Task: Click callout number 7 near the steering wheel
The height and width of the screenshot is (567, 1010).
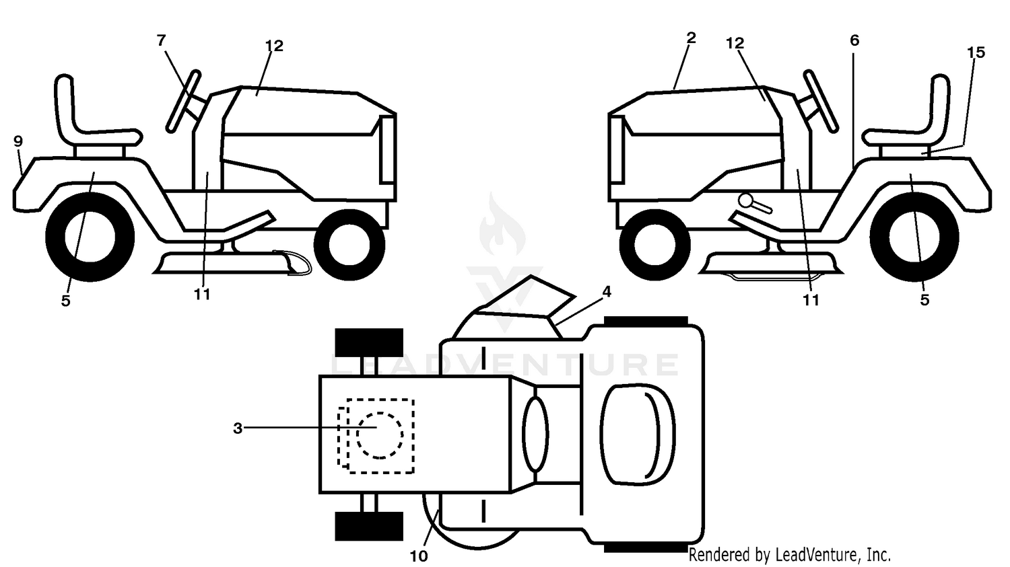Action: click(162, 40)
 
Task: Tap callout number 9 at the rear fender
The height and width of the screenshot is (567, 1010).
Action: click(18, 141)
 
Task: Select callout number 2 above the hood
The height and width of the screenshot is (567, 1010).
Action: click(691, 38)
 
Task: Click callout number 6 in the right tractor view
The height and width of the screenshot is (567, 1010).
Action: click(854, 40)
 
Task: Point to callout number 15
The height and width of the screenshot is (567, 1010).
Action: click(976, 52)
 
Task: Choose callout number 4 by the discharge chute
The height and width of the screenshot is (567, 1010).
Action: click(607, 292)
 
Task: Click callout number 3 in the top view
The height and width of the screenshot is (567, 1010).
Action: click(238, 428)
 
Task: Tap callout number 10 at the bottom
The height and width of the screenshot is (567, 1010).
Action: click(418, 556)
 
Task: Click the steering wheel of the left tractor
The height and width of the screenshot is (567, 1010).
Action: click(184, 101)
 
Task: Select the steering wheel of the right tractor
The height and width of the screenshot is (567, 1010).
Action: click(821, 101)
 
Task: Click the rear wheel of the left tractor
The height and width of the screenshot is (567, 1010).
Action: click(90, 237)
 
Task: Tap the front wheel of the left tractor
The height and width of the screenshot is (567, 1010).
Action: click(349, 245)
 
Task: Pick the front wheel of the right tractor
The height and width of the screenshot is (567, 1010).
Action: click(655, 245)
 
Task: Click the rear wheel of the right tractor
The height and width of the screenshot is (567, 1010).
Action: click(914, 237)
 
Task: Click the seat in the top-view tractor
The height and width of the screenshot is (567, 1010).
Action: click(638, 434)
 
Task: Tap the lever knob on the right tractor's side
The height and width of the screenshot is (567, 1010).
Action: click(746, 200)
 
